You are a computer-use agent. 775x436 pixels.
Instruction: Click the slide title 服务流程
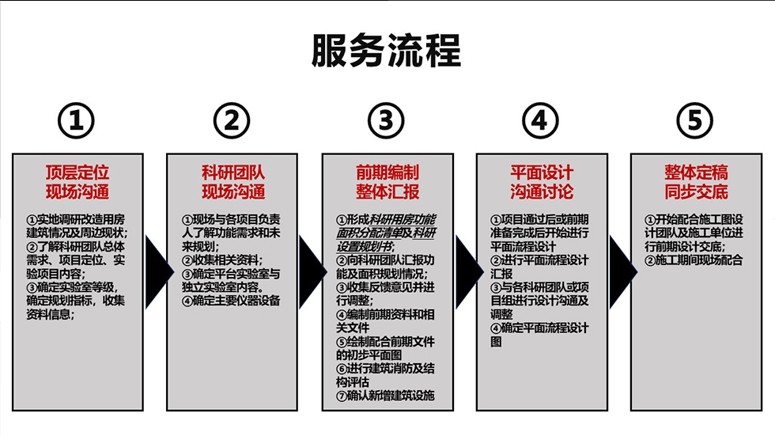point(386,52)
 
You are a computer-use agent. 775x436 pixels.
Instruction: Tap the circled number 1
point(77,121)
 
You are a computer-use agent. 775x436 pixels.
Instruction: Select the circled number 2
point(232,121)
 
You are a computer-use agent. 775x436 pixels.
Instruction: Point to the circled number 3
point(386,121)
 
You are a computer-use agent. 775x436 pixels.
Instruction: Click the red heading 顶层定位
point(77,173)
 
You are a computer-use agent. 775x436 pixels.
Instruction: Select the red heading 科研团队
point(232,173)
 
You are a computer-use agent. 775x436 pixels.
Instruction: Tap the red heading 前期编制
point(387,173)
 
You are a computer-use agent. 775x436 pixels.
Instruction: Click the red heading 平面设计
point(541,173)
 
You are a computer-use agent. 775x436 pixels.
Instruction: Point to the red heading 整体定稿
point(696,173)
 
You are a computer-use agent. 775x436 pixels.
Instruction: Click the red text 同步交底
point(696,192)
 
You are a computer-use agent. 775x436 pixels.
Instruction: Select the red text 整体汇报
point(387,192)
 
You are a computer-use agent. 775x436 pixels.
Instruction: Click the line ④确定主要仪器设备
point(230,301)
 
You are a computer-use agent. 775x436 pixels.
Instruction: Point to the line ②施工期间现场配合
point(694,260)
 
